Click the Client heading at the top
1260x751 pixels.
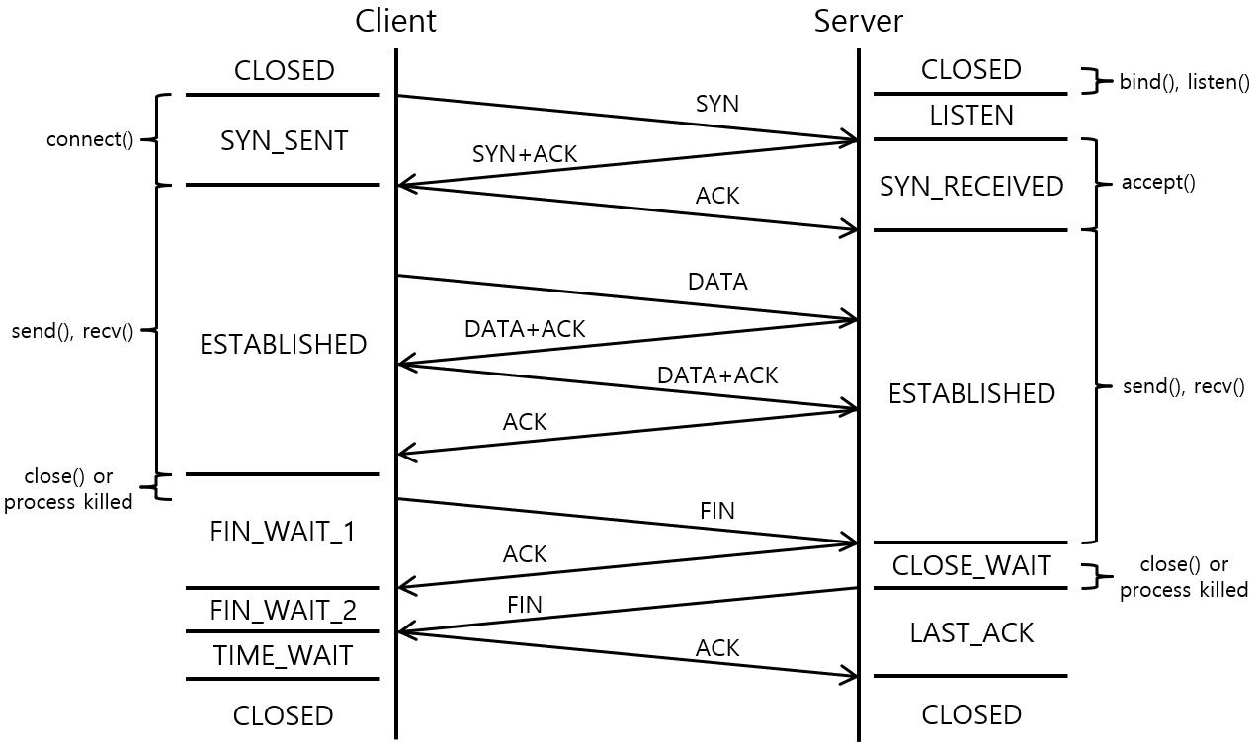[x=395, y=21]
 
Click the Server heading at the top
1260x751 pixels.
[x=858, y=21]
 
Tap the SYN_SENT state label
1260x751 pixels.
[x=284, y=141]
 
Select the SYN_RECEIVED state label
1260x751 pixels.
[x=971, y=186]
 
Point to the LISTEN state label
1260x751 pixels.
[x=971, y=116]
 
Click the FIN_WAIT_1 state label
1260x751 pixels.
[x=284, y=532]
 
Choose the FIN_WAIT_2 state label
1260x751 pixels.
[x=284, y=611]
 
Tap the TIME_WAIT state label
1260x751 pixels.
[x=284, y=655]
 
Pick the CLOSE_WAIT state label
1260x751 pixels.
[x=971, y=566]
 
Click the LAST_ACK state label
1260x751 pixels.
[x=971, y=633]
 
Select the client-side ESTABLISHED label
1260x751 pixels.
[x=284, y=344]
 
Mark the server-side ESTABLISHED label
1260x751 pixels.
[x=971, y=393]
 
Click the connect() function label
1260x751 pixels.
[x=90, y=139]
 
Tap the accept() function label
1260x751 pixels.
[x=1158, y=183]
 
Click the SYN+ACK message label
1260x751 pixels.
[x=525, y=154]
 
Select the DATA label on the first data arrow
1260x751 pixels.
[x=717, y=282]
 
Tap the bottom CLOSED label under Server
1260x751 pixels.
[x=971, y=714]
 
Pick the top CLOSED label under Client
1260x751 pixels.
[x=284, y=71]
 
